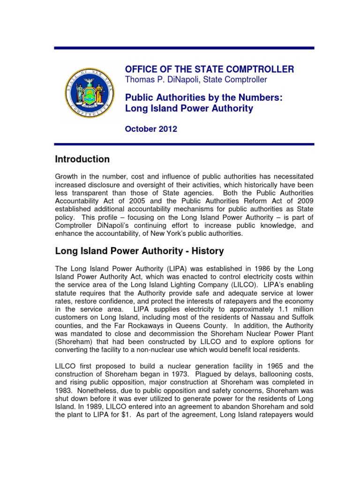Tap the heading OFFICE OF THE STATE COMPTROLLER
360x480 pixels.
click(x=210, y=69)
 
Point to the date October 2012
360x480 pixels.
click(x=151, y=129)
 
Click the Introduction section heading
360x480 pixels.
click(x=82, y=159)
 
